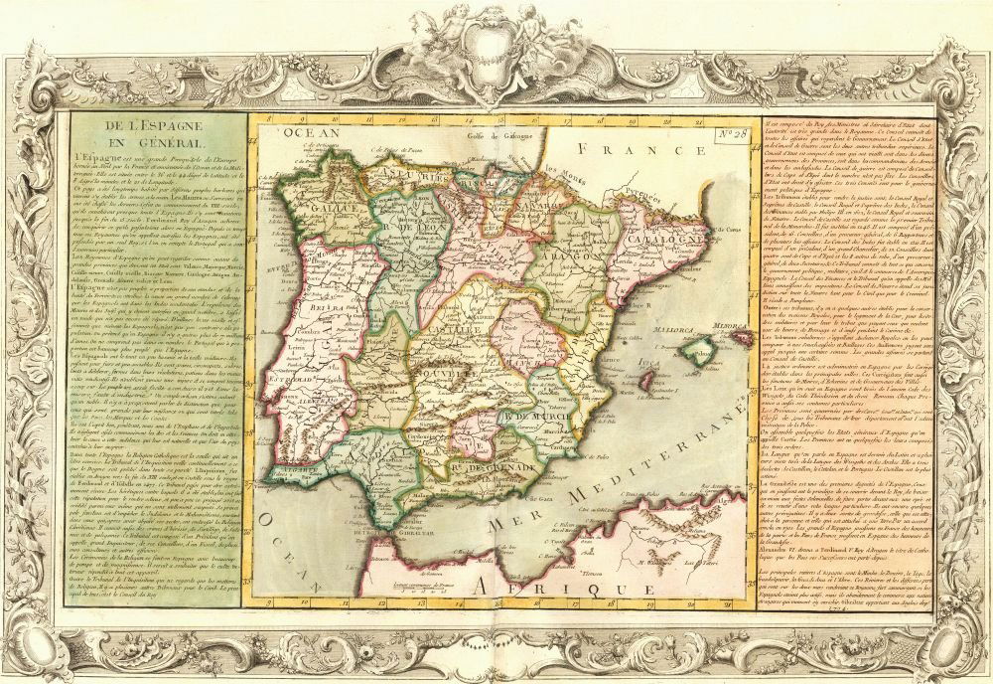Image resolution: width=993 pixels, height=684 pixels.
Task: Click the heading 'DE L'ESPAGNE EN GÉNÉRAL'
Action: coord(158,137)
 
